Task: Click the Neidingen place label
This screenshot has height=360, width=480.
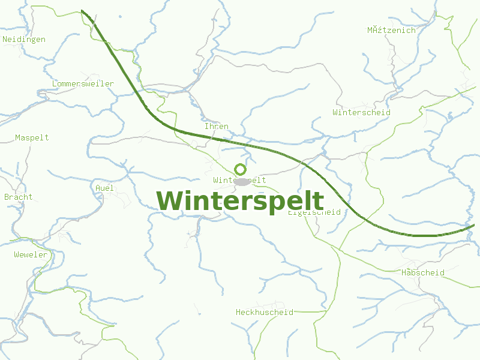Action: tap(24, 40)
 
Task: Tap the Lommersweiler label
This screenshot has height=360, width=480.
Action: tap(83, 83)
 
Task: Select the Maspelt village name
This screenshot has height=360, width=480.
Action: tap(32, 137)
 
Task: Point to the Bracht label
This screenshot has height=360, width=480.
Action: tap(19, 197)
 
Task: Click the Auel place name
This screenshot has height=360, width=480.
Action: tap(104, 188)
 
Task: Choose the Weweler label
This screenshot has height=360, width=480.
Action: tap(31, 255)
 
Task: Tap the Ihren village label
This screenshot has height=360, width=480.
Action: tap(217, 127)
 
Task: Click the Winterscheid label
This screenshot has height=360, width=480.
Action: tap(361, 112)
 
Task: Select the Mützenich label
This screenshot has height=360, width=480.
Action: tap(391, 30)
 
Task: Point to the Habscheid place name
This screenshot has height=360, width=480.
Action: tap(423, 272)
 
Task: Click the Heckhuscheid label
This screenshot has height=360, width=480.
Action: tap(265, 312)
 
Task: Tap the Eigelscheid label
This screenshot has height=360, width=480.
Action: tap(314, 212)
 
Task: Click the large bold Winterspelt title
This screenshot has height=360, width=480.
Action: tap(240, 201)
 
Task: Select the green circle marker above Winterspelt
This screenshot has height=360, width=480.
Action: tap(240, 169)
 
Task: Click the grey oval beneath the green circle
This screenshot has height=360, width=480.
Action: tap(241, 181)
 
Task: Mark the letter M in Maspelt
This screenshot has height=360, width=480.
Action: tap(18, 137)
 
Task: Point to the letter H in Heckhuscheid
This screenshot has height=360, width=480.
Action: tap(239, 312)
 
